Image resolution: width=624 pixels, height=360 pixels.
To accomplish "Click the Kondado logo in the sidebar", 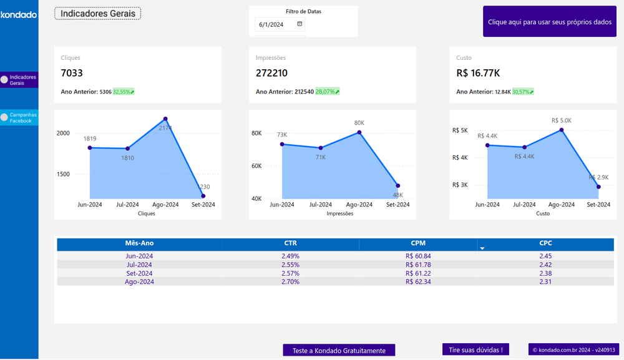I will [x=19, y=14].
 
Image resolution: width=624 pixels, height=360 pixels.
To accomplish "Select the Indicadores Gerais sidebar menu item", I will [x=19, y=80].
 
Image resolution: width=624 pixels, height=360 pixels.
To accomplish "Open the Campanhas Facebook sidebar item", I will [x=19, y=117].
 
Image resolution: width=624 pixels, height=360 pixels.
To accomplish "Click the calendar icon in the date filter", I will [x=300, y=24].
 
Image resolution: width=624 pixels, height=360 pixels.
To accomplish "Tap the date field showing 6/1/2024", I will [x=271, y=25].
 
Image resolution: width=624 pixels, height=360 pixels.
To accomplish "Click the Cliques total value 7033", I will [x=72, y=73].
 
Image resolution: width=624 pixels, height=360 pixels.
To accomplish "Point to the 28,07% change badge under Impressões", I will [x=328, y=92].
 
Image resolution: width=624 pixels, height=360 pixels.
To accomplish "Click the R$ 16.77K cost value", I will [x=478, y=73].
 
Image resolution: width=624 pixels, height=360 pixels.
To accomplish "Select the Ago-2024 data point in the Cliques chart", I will [x=165, y=119].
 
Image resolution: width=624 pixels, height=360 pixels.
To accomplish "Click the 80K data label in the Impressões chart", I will [x=359, y=123].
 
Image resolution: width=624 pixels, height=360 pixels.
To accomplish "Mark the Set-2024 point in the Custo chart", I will [x=598, y=187].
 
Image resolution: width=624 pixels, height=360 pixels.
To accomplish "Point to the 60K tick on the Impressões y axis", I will [x=256, y=166].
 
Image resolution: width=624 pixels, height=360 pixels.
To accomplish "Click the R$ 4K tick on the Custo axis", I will [x=460, y=158].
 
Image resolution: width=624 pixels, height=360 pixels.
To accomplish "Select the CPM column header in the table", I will [x=418, y=243].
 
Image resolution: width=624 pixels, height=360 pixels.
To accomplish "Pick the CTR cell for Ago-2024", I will [x=291, y=282].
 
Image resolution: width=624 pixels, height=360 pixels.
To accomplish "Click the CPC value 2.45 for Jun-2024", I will [x=545, y=256].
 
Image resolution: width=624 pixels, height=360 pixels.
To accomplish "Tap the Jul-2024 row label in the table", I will [x=139, y=265].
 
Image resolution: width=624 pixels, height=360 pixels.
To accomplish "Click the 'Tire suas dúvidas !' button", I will [x=475, y=350].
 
